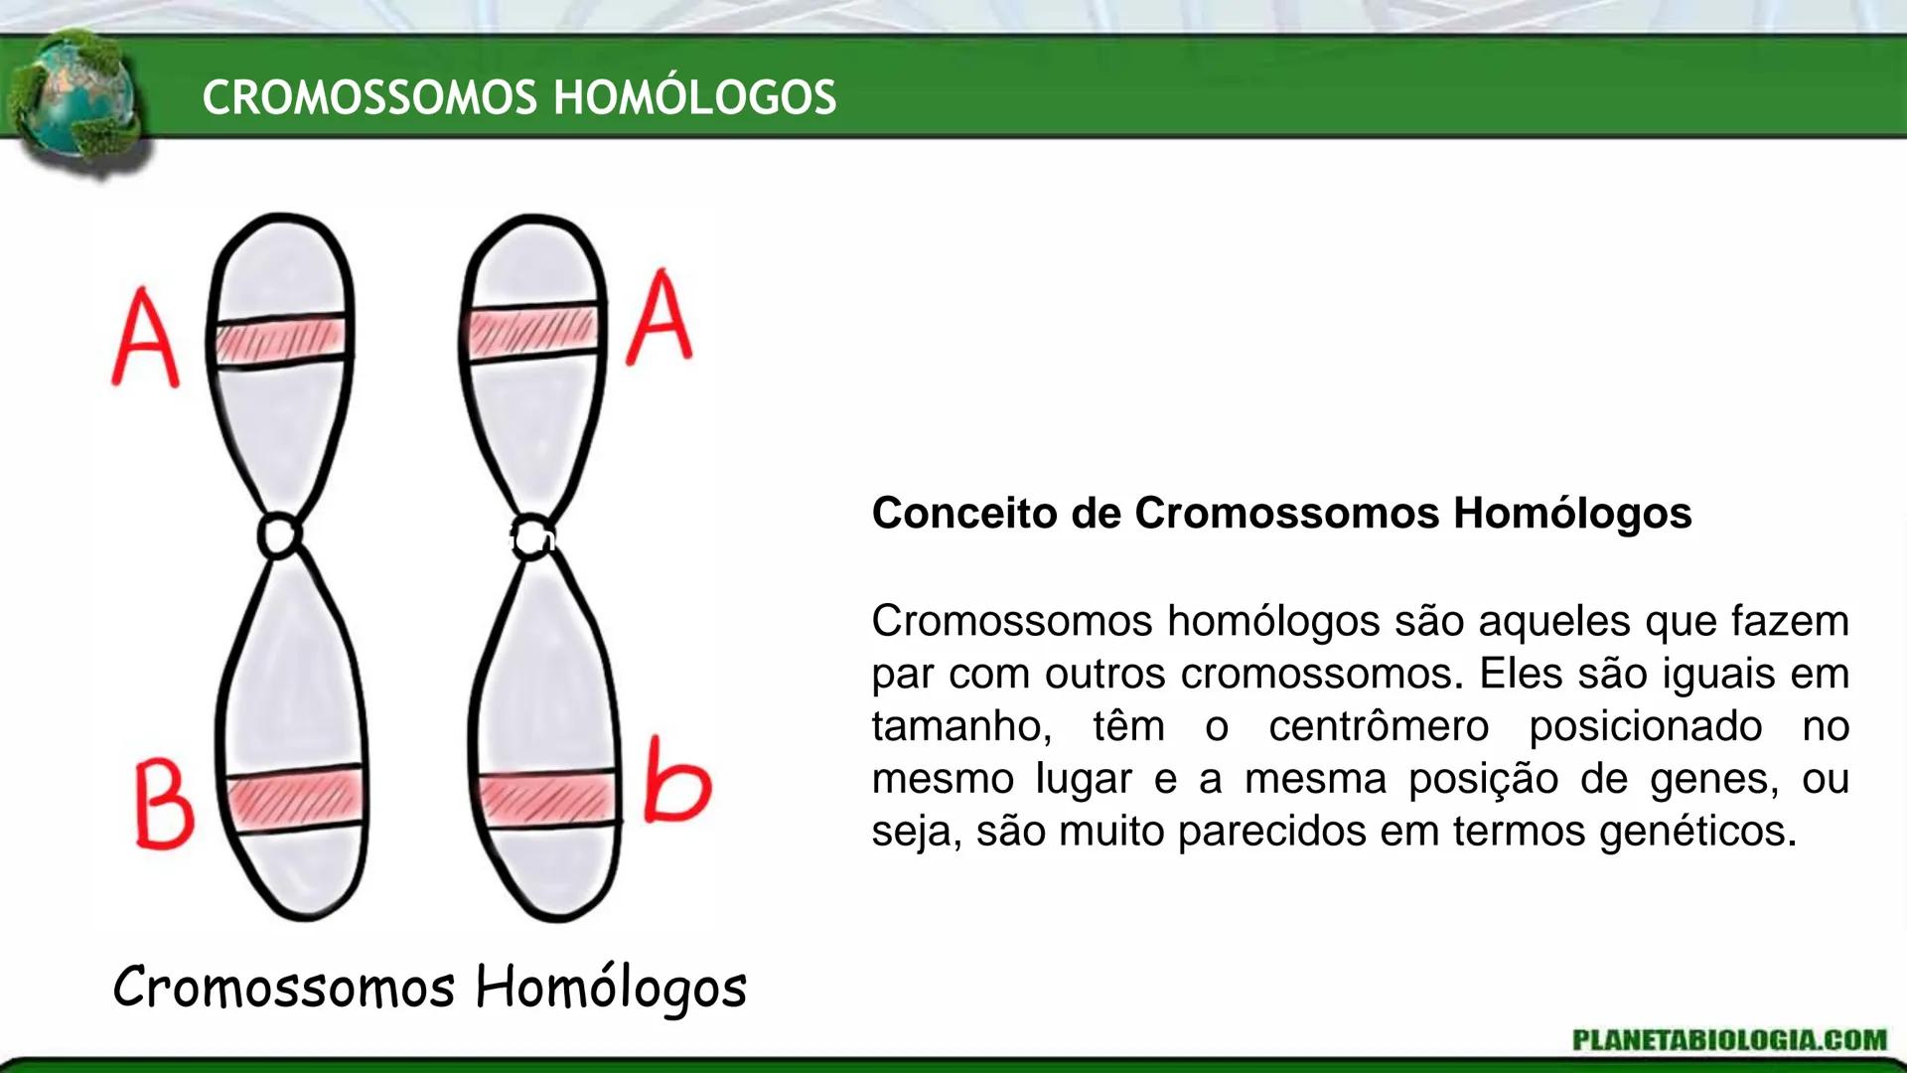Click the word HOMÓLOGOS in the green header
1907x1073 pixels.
694,97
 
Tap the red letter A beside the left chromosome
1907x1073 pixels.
146,338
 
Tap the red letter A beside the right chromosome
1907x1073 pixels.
660,318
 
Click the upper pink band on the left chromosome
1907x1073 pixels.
281,338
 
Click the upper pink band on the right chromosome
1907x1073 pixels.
533,331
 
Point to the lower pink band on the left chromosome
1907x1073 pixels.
294,797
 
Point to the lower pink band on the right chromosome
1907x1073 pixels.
546,797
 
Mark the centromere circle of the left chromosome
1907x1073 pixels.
279,536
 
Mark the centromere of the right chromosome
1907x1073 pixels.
534,536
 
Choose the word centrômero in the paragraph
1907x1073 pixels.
1379,726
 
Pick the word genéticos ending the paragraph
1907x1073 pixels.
1697,831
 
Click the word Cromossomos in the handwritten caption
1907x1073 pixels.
284,989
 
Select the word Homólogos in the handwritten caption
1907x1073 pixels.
610,989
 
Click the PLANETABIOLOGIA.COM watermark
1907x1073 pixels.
1729,1039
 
